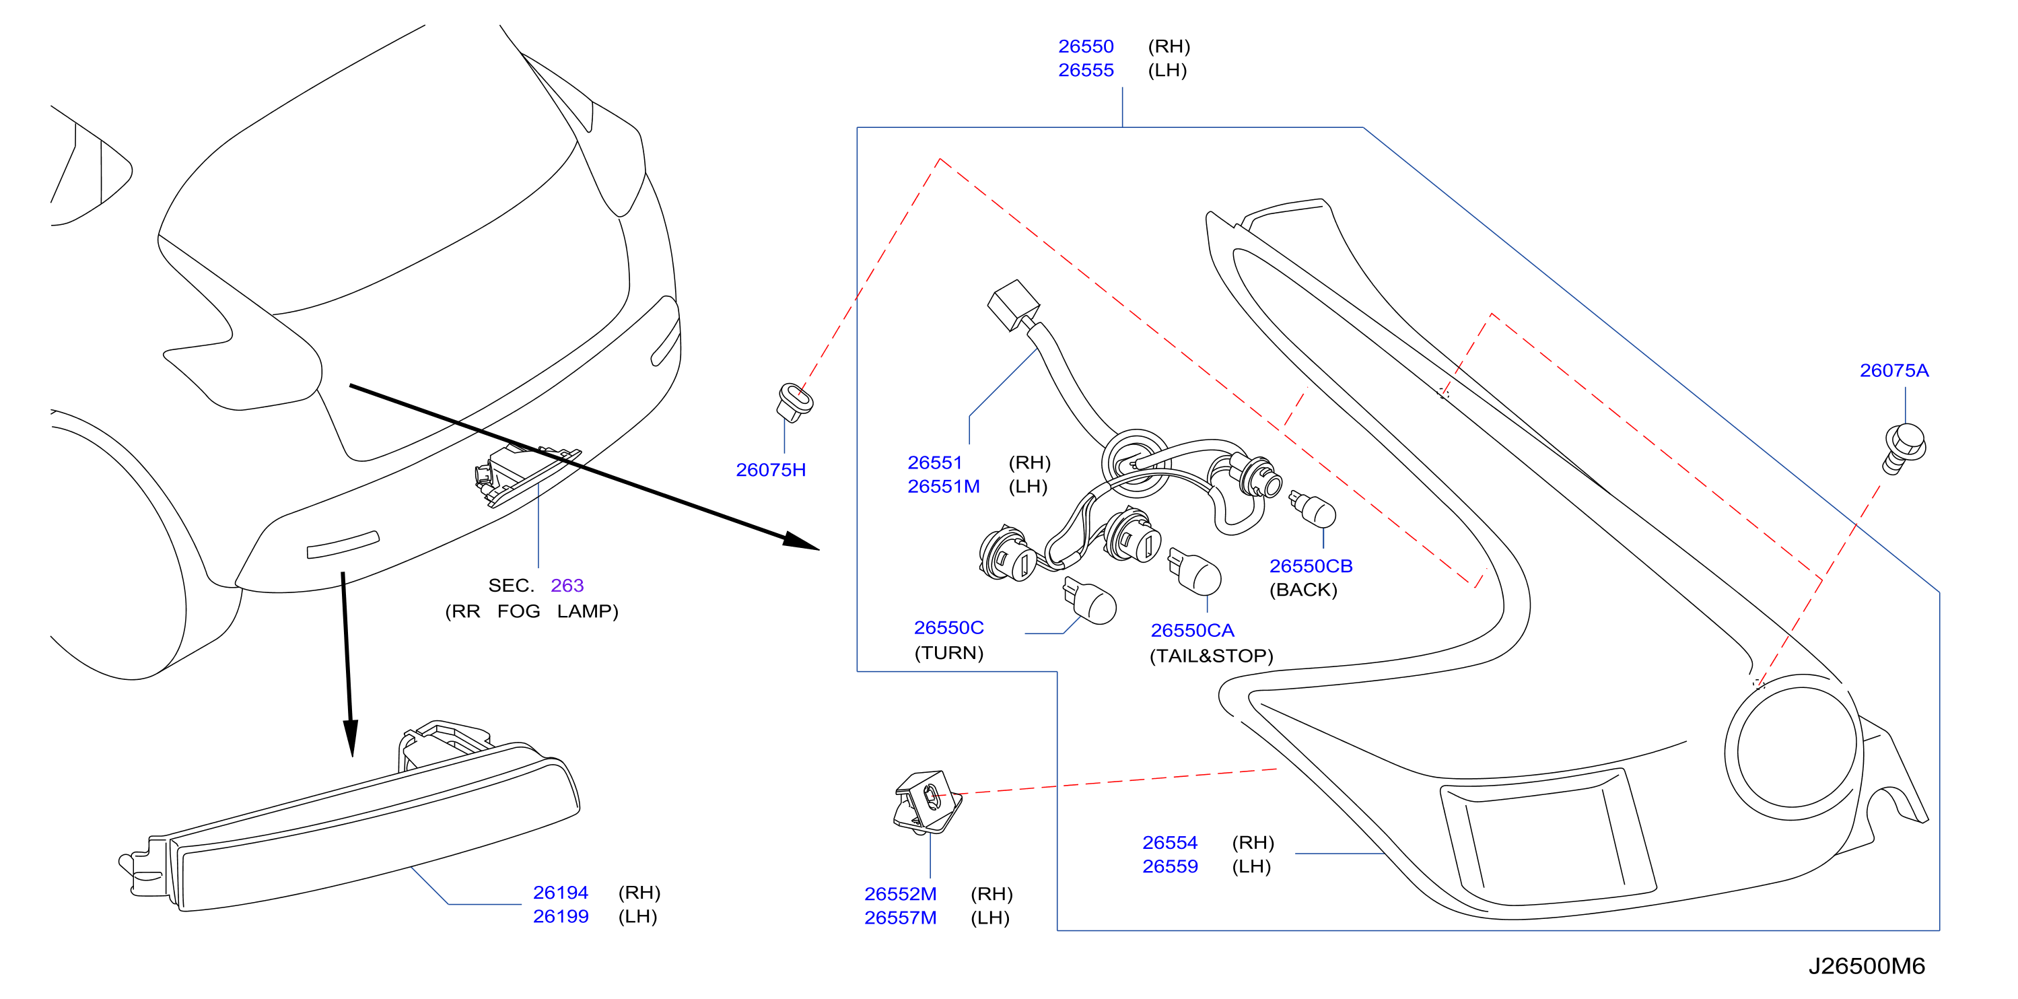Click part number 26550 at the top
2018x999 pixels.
(1085, 46)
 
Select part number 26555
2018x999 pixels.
(1085, 70)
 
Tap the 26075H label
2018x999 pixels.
(770, 469)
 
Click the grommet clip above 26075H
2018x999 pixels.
(794, 402)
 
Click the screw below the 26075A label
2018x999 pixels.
(1904, 448)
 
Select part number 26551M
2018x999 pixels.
(943, 486)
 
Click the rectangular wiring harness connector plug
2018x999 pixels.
(1014, 306)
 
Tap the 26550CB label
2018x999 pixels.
(1311, 565)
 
